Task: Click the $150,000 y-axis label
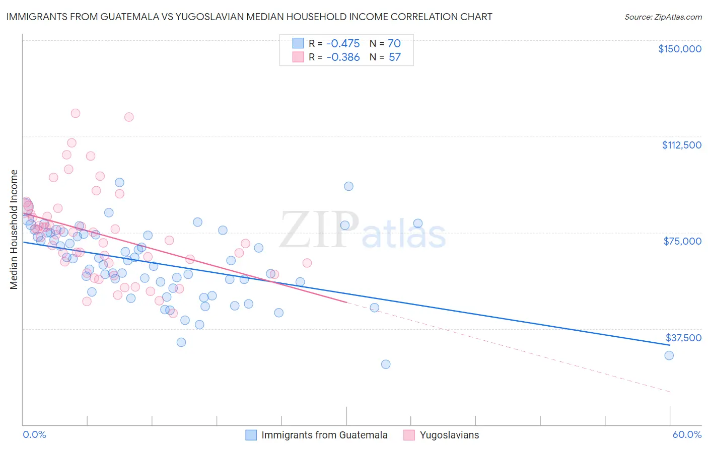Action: [x=679, y=49]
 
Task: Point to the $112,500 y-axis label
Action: [x=681, y=145]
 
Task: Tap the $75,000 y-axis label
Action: [x=682, y=241]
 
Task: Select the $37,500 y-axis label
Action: [x=683, y=337]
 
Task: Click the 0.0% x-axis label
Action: [x=34, y=434]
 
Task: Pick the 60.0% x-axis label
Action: [x=687, y=434]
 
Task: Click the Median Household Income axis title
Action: [x=14, y=230]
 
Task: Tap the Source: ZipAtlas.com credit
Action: [x=663, y=17]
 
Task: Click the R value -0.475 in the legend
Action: [x=343, y=43]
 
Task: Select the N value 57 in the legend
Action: [x=395, y=57]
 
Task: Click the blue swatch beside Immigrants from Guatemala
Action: [x=251, y=435]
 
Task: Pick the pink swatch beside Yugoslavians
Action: [x=409, y=435]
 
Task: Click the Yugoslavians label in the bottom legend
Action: [x=449, y=435]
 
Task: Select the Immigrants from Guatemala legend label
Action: [x=324, y=435]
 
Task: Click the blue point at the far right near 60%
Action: [x=669, y=355]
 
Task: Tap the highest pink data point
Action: [x=76, y=113]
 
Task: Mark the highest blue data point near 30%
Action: [x=348, y=186]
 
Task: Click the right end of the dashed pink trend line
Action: [x=670, y=392]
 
